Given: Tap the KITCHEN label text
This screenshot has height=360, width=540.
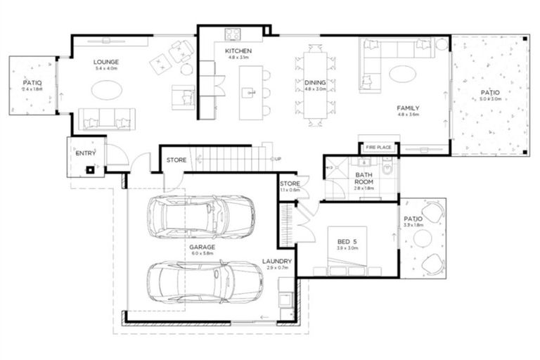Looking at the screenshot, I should [x=238, y=51].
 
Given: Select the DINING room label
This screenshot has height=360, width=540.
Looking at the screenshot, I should [x=314, y=82].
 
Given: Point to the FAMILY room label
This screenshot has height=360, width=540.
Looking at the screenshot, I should [x=408, y=108].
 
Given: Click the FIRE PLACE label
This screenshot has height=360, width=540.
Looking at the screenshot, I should [x=378, y=148].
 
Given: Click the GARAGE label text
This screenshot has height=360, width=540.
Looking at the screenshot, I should [x=202, y=247].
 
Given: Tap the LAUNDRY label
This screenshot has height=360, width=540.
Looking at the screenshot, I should [x=278, y=262].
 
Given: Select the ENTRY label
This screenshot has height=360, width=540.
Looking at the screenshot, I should [x=85, y=153].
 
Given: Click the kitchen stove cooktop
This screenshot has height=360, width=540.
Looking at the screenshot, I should [x=233, y=33].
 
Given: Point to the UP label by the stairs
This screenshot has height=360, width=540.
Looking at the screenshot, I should [x=278, y=158].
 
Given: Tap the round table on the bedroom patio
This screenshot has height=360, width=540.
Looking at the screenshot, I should [x=423, y=239].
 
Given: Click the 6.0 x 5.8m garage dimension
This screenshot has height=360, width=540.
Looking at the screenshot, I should [x=202, y=255].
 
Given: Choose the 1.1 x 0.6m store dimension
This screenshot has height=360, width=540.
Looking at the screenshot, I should [x=289, y=191].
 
